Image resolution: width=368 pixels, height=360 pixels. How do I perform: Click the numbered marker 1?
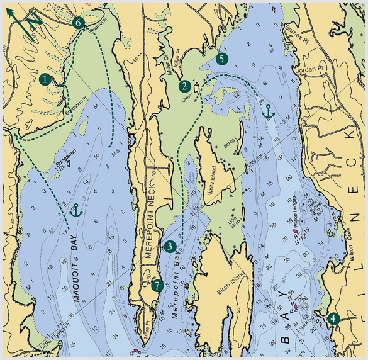[x=45, y=79]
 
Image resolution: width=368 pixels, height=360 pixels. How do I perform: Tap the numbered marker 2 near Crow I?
[x=184, y=86]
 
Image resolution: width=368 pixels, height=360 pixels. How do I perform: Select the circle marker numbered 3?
[x=169, y=246]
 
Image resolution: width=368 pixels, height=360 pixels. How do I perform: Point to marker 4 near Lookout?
[x=332, y=318]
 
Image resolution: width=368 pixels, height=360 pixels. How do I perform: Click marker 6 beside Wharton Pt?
[x=79, y=22]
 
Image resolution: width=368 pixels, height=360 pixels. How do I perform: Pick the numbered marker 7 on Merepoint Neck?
[x=157, y=284]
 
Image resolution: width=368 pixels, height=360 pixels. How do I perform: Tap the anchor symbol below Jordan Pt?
[x=268, y=113]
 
